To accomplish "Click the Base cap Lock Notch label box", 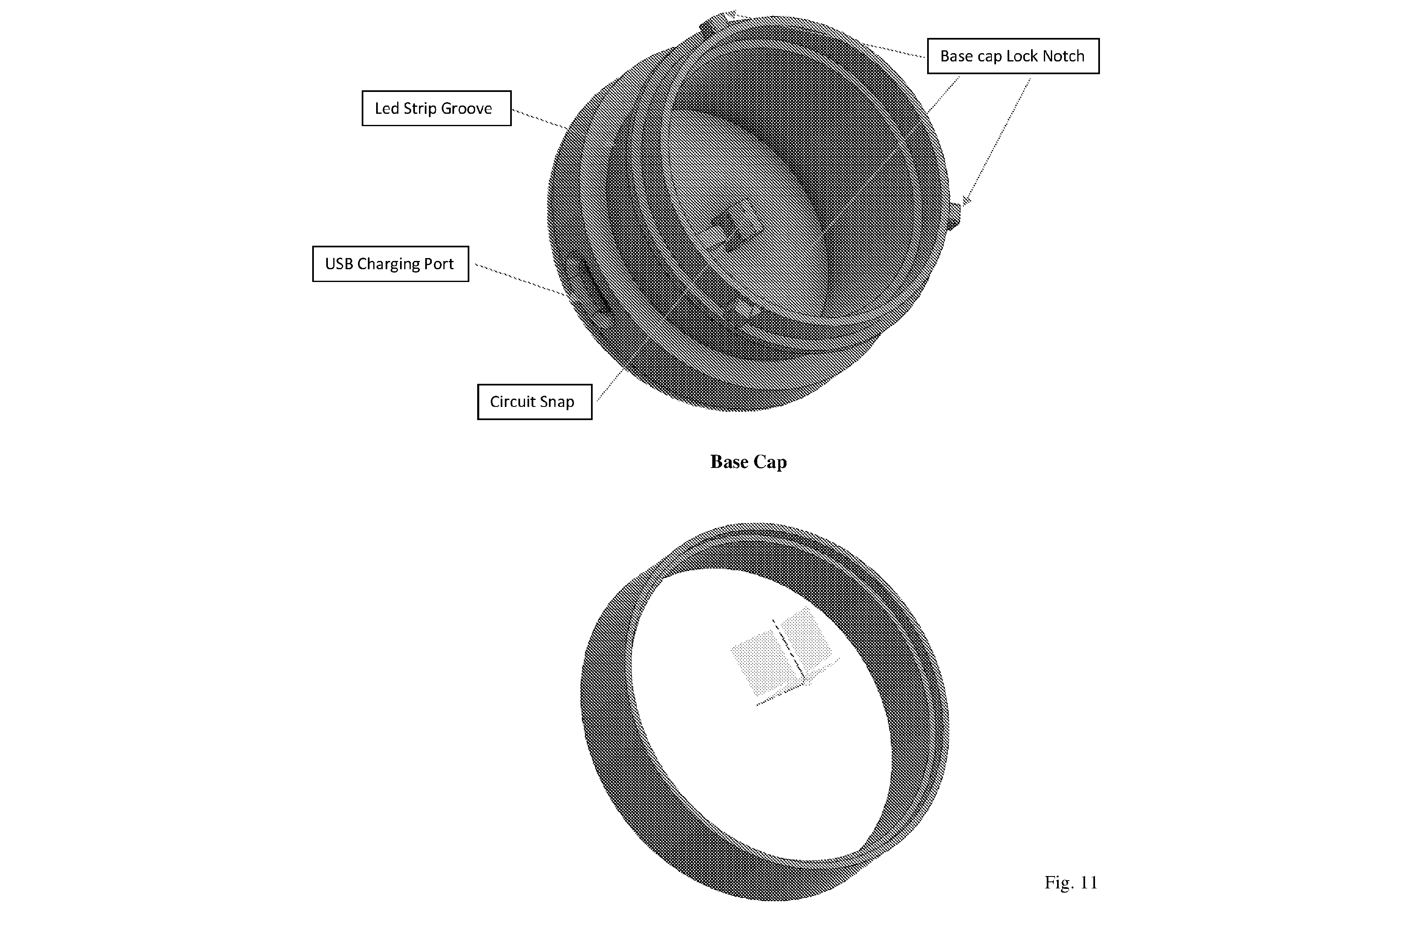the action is pyautogui.click(x=1013, y=56).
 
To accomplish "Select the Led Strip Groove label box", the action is pyautogui.click(x=436, y=108).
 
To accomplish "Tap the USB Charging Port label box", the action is pyautogui.click(x=390, y=263).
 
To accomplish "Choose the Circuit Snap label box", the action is pyautogui.click(x=535, y=402).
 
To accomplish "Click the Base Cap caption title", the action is pyautogui.click(x=748, y=462).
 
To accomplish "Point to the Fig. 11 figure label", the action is pyautogui.click(x=1071, y=882).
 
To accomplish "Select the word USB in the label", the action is pyautogui.click(x=339, y=263).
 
